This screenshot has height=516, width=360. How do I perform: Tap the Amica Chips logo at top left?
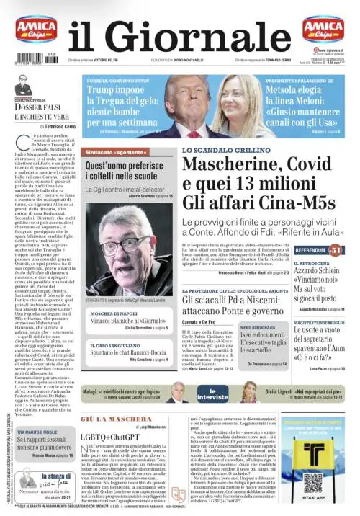tap(36, 31)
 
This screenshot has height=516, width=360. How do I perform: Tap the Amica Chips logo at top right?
tap(323, 30)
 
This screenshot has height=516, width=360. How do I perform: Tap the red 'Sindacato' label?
tap(114, 154)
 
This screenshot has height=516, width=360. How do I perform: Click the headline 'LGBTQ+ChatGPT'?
tap(109, 437)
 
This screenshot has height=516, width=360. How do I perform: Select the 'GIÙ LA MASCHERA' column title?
tap(104, 418)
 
